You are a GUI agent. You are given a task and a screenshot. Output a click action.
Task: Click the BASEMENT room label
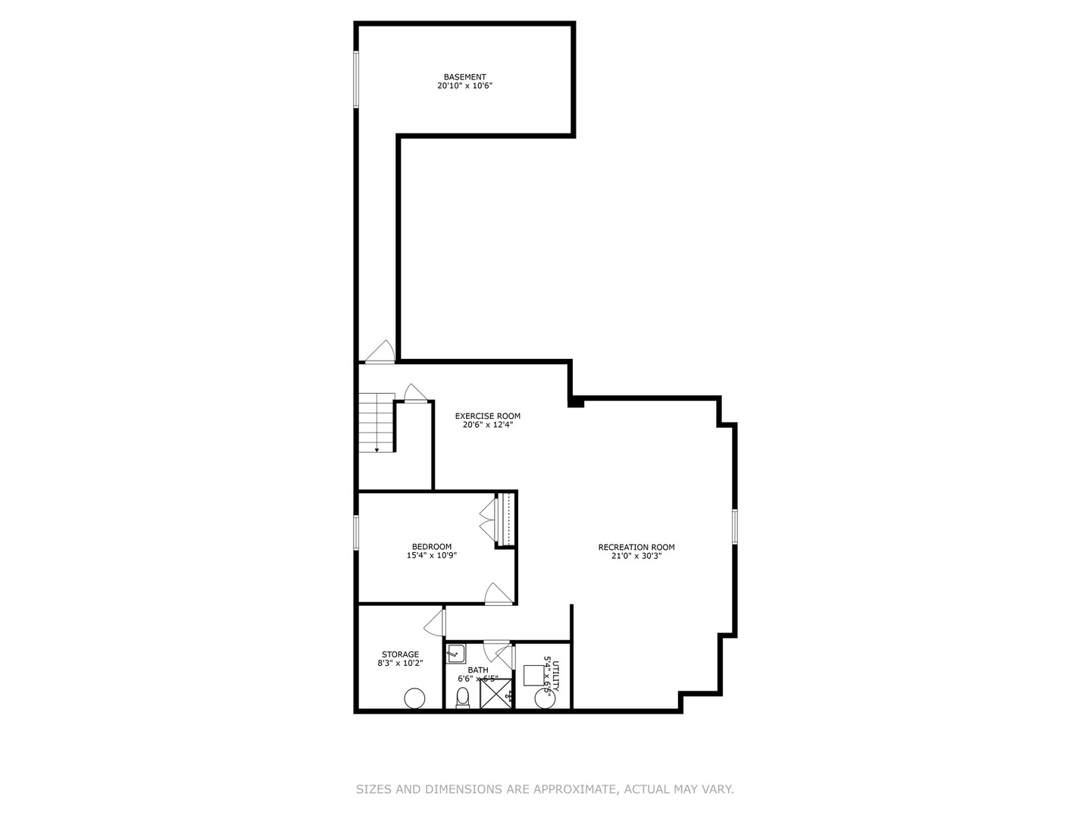(464, 77)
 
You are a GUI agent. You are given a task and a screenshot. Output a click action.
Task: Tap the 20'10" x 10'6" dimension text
(464, 86)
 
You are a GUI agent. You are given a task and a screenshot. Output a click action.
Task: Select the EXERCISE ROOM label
(487, 416)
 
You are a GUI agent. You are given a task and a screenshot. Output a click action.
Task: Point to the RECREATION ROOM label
(636, 548)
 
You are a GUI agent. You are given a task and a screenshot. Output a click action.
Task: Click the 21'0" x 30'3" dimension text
(636, 556)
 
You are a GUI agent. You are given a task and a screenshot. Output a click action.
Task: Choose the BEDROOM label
(431, 547)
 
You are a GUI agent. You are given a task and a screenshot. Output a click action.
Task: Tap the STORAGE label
(400, 654)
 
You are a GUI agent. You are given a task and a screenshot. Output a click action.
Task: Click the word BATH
(477, 670)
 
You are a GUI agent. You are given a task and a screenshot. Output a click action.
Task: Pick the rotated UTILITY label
(555, 676)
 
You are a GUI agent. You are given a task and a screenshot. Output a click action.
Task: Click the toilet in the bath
(463, 698)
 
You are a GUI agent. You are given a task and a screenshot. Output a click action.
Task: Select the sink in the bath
(455, 653)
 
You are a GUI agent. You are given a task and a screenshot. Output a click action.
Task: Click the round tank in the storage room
(414, 698)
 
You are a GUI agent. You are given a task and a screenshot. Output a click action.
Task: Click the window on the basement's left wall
(355, 80)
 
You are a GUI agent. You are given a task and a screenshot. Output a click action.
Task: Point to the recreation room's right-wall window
(734, 526)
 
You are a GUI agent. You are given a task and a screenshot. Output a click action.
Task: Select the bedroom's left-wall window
(356, 532)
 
